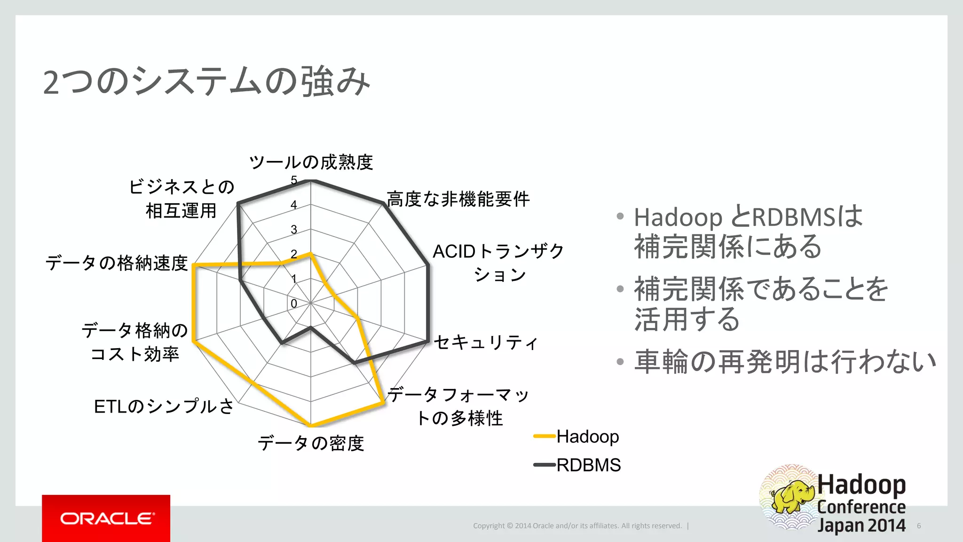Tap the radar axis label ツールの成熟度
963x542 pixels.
coord(311,162)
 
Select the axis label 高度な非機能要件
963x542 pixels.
coord(458,199)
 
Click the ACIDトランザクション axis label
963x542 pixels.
coord(498,263)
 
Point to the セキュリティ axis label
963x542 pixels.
coord(485,342)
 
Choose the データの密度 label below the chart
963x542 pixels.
coord(311,443)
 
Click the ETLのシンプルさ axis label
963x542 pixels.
coord(164,406)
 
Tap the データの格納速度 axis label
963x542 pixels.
coord(117,263)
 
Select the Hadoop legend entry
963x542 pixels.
coord(587,437)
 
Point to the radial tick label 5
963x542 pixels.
coord(294,180)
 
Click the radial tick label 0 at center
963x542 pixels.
coord(294,304)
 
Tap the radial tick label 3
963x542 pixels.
coord(294,230)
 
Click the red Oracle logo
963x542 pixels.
coord(106,518)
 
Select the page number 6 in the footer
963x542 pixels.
coord(919,526)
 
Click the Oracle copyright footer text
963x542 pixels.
coord(577,526)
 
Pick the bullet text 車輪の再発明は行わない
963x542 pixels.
coord(784,361)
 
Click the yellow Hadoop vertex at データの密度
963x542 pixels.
coord(310,425)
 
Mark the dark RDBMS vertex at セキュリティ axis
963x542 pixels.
coord(428,341)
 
